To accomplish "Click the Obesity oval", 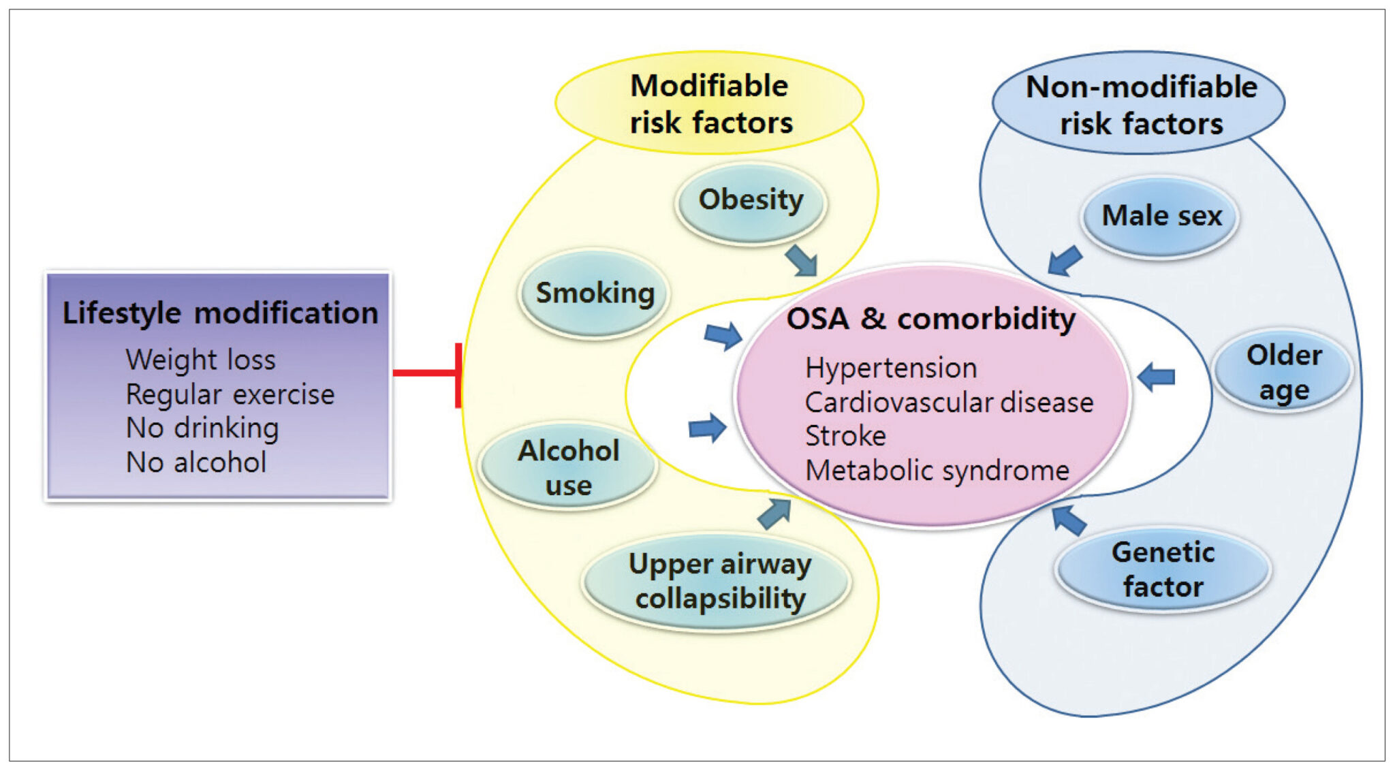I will (x=751, y=202).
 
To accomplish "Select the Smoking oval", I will (x=595, y=294).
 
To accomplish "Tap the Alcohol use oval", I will (x=568, y=467).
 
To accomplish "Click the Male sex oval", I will (x=1161, y=217).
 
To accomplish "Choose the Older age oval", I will (x=1283, y=372).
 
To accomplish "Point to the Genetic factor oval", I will (x=1163, y=569).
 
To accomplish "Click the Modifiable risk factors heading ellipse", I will (x=710, y=104).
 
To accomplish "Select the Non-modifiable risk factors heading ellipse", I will (x=1140, y=104).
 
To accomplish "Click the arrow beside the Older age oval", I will (x=1157, y=377).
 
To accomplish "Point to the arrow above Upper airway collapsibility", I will (x=774, y=514).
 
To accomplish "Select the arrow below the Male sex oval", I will (x=1064, y=261).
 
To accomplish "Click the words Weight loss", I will (x=200, y=360).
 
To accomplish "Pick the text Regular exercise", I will (x=230, y=394).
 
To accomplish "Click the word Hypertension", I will (x=890, y=368).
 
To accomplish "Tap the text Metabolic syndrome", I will (x=937, y=471).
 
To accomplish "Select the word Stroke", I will (x=845, y=436).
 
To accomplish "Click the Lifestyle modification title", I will (x=220, y=313).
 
